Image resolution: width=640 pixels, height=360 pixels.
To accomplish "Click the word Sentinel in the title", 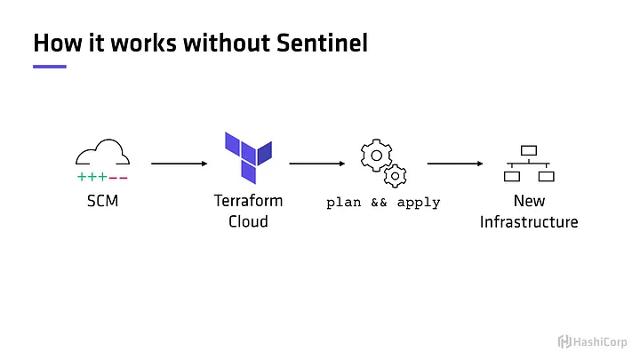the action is pos(322,43).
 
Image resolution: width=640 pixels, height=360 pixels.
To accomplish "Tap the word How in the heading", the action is pos(58,43).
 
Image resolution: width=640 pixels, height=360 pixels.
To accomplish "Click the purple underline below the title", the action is pos(50,67).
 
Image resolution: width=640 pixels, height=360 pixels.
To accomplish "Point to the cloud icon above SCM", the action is pos(102,152).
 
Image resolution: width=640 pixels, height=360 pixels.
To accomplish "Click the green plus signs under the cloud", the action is pos(92,177).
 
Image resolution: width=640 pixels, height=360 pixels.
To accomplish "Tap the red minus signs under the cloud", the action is pos(118,178).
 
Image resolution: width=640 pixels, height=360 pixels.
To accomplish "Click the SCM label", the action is pos(102,201).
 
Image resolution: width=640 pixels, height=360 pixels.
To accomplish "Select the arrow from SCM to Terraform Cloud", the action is pos(180,164).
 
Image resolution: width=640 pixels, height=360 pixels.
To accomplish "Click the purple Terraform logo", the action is pos(248,157).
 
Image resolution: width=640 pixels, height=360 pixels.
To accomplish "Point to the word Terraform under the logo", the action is pos(248,201).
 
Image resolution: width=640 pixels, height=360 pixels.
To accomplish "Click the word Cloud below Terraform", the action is pos(248,221).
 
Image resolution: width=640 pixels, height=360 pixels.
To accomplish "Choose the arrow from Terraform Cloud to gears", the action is pos(317,164).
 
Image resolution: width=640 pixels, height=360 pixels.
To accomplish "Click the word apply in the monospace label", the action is pos(419,203).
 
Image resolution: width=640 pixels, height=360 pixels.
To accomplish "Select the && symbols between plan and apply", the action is pos(379,203).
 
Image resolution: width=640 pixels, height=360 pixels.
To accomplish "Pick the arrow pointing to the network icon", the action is pos(455,164).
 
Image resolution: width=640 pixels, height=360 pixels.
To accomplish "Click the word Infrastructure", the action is pos(529,222).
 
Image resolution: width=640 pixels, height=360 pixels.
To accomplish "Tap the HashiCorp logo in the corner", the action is pos(592,341).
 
